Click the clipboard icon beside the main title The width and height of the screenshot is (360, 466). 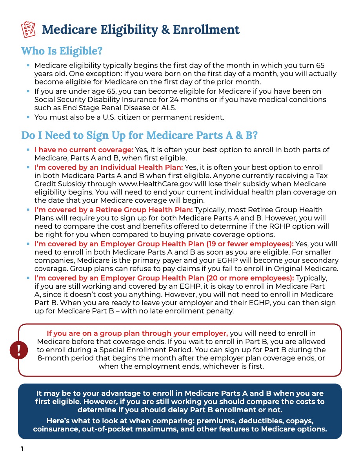(x=28, y=29)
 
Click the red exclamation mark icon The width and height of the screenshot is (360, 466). (x=18, y=350)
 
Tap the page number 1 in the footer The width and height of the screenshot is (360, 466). (x=23, y=449)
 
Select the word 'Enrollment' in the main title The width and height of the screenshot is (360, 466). (x=206, y=29)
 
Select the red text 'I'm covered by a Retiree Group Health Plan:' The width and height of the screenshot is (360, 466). (x=114, y=210)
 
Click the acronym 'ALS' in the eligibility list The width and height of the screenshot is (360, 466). (x=170, y=108)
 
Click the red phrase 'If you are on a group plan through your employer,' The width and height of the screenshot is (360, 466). (x=137, y=333)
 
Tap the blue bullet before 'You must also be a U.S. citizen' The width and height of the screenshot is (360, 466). (x=28, y=117)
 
